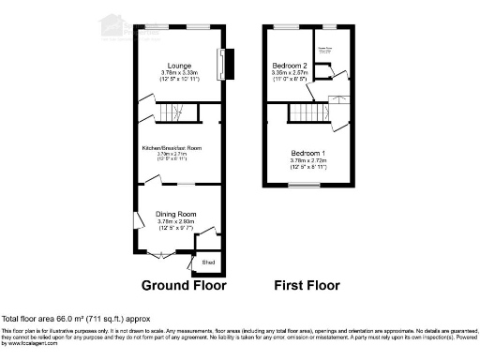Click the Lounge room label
(179, 65)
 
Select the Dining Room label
(175, 214)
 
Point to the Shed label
(208, 262)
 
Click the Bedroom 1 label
(308, 152)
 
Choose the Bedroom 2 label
(289, 63)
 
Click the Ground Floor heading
(182, 284)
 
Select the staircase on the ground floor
(170, 114)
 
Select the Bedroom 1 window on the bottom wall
(308, 193)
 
